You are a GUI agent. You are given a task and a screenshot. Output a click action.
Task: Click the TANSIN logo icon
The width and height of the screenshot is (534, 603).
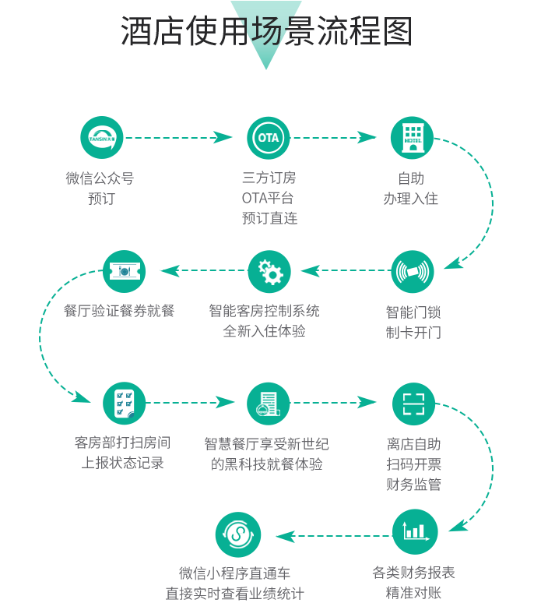[x=101, y=137]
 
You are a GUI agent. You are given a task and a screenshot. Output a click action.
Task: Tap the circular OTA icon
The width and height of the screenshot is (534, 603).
[x=268, y=138]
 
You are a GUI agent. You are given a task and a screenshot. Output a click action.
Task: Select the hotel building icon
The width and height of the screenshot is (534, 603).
[x=413, y=137]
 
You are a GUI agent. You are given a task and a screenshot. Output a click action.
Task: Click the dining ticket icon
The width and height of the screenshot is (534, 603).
[x=125, y=271]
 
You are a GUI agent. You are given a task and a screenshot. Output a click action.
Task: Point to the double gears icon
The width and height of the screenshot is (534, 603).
[x=270, y=272]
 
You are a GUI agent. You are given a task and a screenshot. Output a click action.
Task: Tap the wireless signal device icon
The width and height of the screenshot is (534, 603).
[x=412, y=272]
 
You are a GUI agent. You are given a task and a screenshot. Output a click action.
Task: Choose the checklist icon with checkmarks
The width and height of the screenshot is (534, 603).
[x=125, y=404]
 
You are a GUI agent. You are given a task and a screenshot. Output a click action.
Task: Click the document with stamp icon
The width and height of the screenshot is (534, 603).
[x=268, y=404]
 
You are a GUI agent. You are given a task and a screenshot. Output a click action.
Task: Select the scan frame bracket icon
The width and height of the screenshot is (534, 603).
[x=413, y=404]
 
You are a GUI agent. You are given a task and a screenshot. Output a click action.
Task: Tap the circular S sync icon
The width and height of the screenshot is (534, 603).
[x=236, y=535]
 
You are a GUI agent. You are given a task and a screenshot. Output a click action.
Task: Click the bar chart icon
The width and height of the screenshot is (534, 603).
[x=414, y=531]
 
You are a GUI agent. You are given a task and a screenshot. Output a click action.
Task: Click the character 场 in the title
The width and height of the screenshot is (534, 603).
[x=265, y=31]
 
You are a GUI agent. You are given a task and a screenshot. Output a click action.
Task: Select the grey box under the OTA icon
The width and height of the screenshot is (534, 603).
[x=269, y=197]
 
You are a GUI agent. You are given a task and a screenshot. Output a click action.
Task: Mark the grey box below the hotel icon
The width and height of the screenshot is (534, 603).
[x=411, y=188]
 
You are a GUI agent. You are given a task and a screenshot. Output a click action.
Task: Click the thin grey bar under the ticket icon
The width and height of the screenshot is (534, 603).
[x=119, y=310]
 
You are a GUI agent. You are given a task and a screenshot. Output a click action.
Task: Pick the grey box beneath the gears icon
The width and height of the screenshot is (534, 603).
[x=264, y=320]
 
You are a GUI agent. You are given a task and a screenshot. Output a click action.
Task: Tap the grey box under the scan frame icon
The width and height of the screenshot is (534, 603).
[x=413, y=464]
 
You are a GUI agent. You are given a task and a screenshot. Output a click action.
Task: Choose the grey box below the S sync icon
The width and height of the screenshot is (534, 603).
[x=235, y=584]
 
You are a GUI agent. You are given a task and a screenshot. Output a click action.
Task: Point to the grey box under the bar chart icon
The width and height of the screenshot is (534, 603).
[x=413, y=582]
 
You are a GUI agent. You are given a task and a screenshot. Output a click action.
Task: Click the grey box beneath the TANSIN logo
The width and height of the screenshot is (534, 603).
[x=100, y=188]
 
